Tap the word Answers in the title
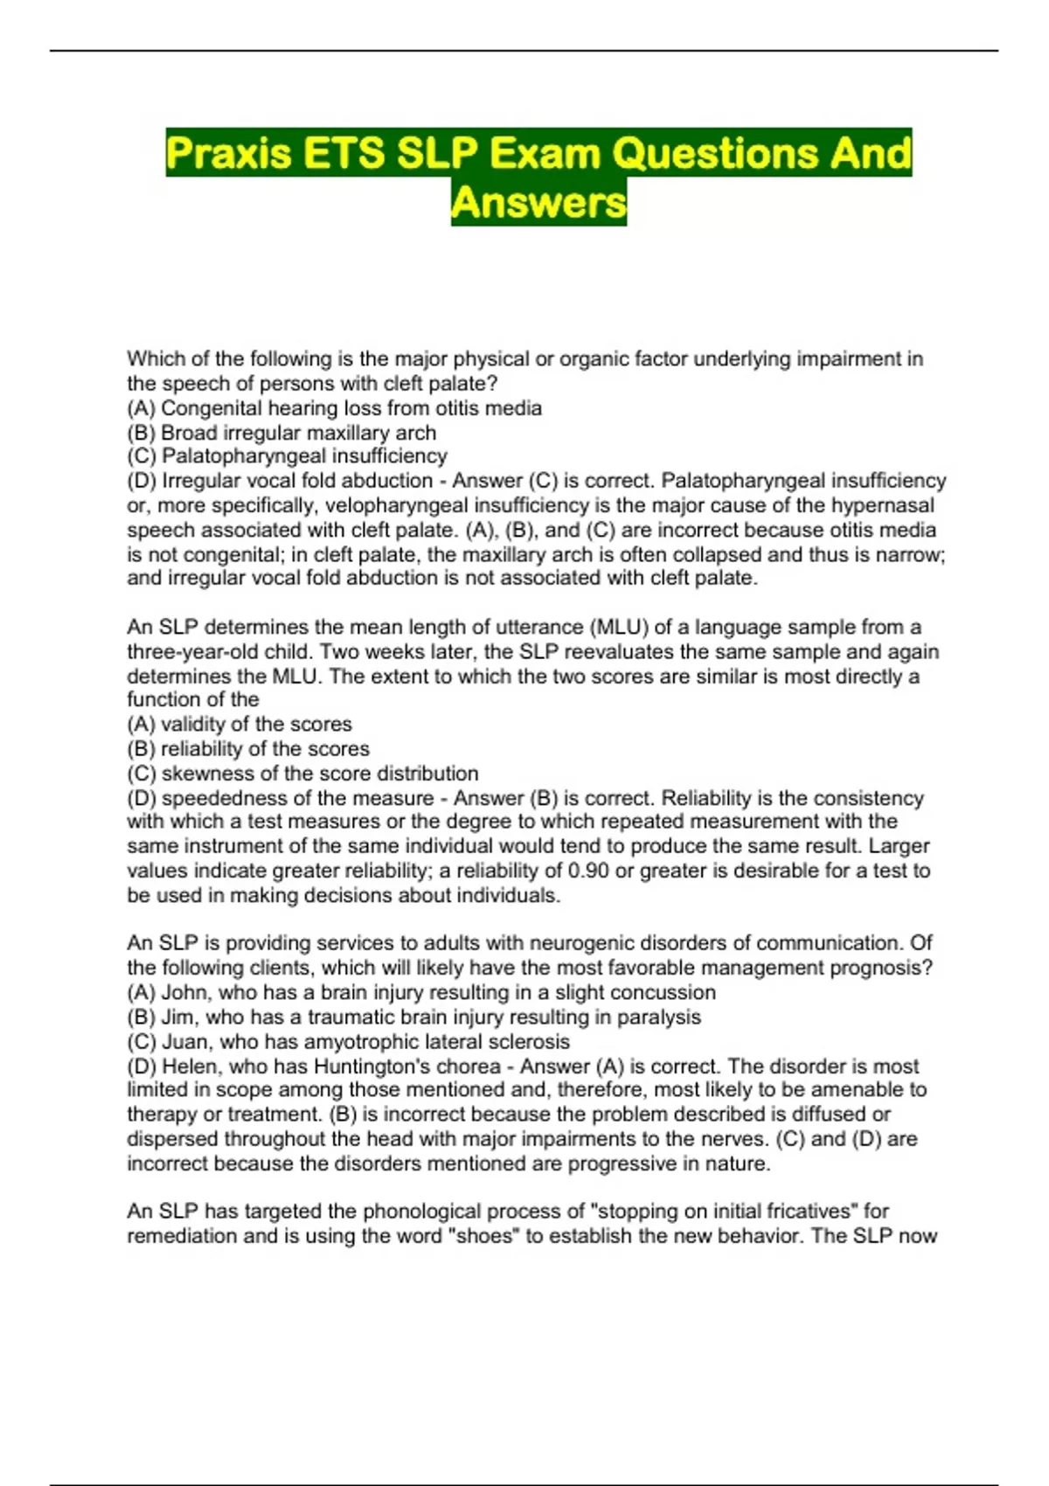(538, 203)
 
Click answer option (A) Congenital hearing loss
(334, 408)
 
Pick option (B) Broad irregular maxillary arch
(281, 433)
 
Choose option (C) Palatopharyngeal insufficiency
(287, 456)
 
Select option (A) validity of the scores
(240, 725)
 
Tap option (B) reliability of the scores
(248, 749)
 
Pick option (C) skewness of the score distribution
(302, 774)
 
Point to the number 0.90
(588, 871)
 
